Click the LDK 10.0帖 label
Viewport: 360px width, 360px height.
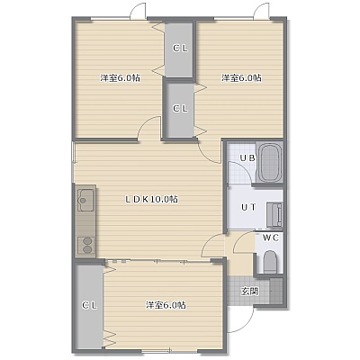click(x=151, y=199)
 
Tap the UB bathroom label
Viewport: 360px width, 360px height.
click(x=247, y=157)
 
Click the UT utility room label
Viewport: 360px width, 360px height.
click(x=249, y=207)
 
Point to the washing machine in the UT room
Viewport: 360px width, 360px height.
click(x=274, y=214)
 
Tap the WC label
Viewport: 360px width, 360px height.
click(x=271, y=238)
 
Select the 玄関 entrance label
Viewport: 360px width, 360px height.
click(x=250, y=291)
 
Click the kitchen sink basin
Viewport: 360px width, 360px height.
click(x=85, y=200)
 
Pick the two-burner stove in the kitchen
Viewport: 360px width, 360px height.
click(x=86, y=245)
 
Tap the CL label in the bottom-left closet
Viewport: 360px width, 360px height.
click(x=90, y=306)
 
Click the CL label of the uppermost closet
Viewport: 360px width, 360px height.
click(x=180, y=49)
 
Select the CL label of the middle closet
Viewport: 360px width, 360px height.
click(x=180, y=109)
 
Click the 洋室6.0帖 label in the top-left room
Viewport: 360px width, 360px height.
click(x=120, y=78)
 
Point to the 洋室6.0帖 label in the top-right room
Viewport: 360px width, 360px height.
click(x=241, y=78)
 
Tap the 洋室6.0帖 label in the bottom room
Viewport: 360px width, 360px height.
click(x=166, y=305)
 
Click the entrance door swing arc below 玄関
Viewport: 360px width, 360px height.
click(x=247, y=325)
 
